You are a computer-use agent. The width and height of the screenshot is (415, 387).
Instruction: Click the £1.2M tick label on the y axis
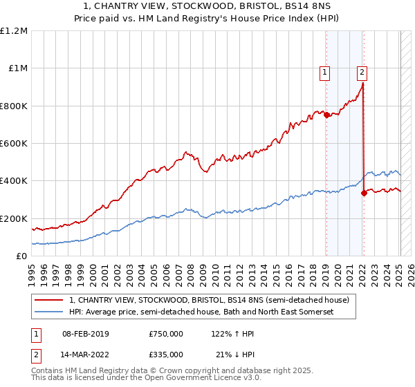coord(15,31)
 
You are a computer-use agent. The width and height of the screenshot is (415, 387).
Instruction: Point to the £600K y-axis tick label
coord(15,144)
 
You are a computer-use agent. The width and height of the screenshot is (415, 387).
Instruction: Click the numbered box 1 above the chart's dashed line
coord(325,70)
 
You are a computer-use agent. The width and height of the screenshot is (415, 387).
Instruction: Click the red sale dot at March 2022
coord(364,193)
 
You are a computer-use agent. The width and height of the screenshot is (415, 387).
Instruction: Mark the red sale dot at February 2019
coord(326,115)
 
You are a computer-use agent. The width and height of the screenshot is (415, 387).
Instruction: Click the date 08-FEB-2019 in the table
coord(85,334)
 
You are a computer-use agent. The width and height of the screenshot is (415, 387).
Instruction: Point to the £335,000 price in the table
coord(166,355)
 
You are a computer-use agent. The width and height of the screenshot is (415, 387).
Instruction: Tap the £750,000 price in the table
coord(166,334)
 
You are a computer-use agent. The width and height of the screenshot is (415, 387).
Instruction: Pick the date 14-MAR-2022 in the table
coord(85,355)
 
